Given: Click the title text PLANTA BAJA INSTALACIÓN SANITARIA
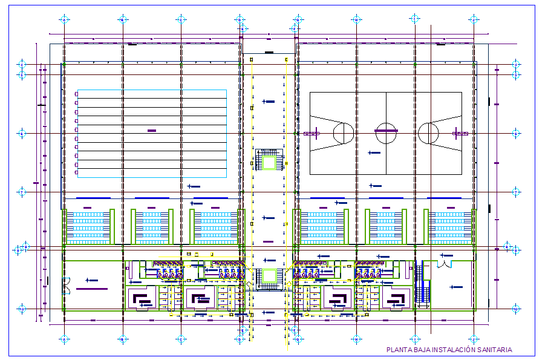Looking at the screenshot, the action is [x=449, y=350].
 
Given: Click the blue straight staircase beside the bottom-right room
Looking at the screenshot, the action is [x=425, y=292].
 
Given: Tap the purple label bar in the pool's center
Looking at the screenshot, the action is [x=152, y=131].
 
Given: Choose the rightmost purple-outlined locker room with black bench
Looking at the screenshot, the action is [x=397, y=298].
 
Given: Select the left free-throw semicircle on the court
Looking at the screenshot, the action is [x=344, y=131].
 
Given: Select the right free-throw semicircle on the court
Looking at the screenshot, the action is [x=427, y=131].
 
